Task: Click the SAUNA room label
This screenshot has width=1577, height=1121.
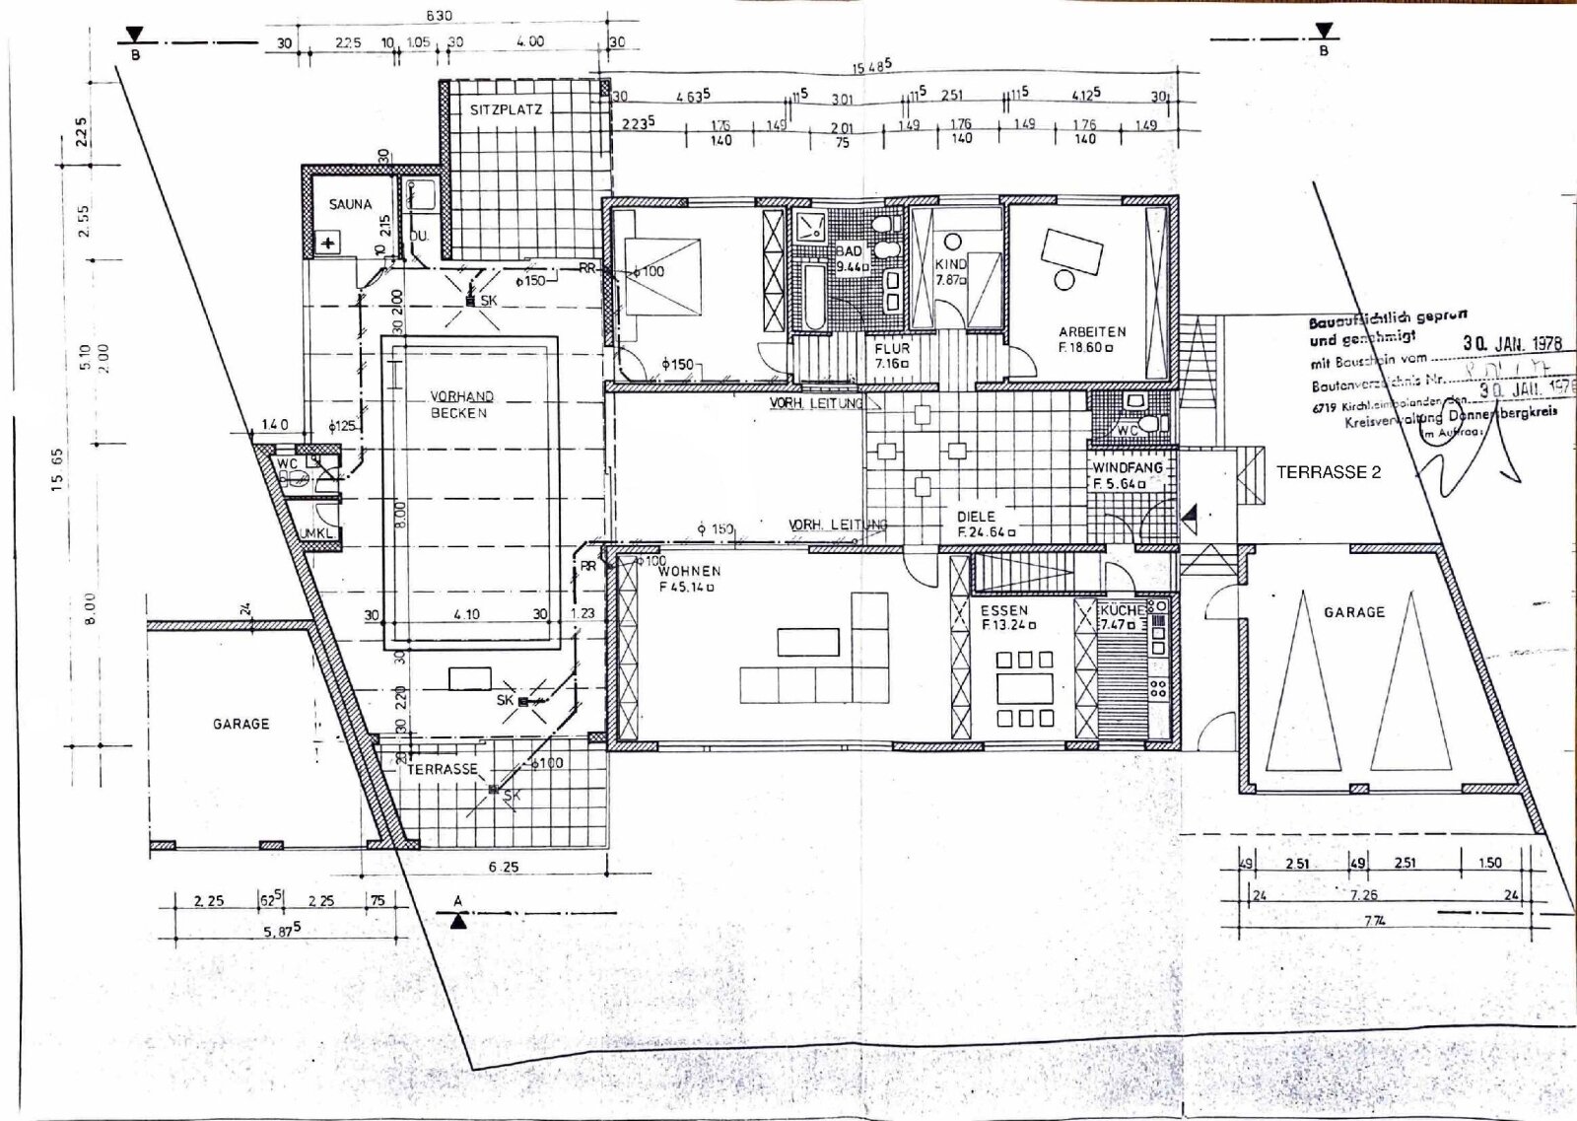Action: (350, 204)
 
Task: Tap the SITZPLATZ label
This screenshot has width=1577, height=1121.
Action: (506, 109)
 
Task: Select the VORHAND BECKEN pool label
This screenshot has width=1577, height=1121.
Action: (461, 404)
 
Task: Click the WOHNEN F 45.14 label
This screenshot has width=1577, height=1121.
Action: (689, 579)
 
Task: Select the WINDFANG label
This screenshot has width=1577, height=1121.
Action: (1127, 467)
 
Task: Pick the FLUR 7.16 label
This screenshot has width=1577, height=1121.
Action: (892, 355)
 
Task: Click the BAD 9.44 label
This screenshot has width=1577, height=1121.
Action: (850, 258)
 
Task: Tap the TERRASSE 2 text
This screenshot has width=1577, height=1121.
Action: (1329, 472)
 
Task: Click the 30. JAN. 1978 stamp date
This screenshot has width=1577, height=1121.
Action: (1512, 343)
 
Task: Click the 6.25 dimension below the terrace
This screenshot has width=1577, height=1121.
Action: (505, 867)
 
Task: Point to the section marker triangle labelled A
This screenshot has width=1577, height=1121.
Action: (457, 922)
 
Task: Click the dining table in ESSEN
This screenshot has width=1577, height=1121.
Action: (1026, 685)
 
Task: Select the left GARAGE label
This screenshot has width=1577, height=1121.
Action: (240, 724)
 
